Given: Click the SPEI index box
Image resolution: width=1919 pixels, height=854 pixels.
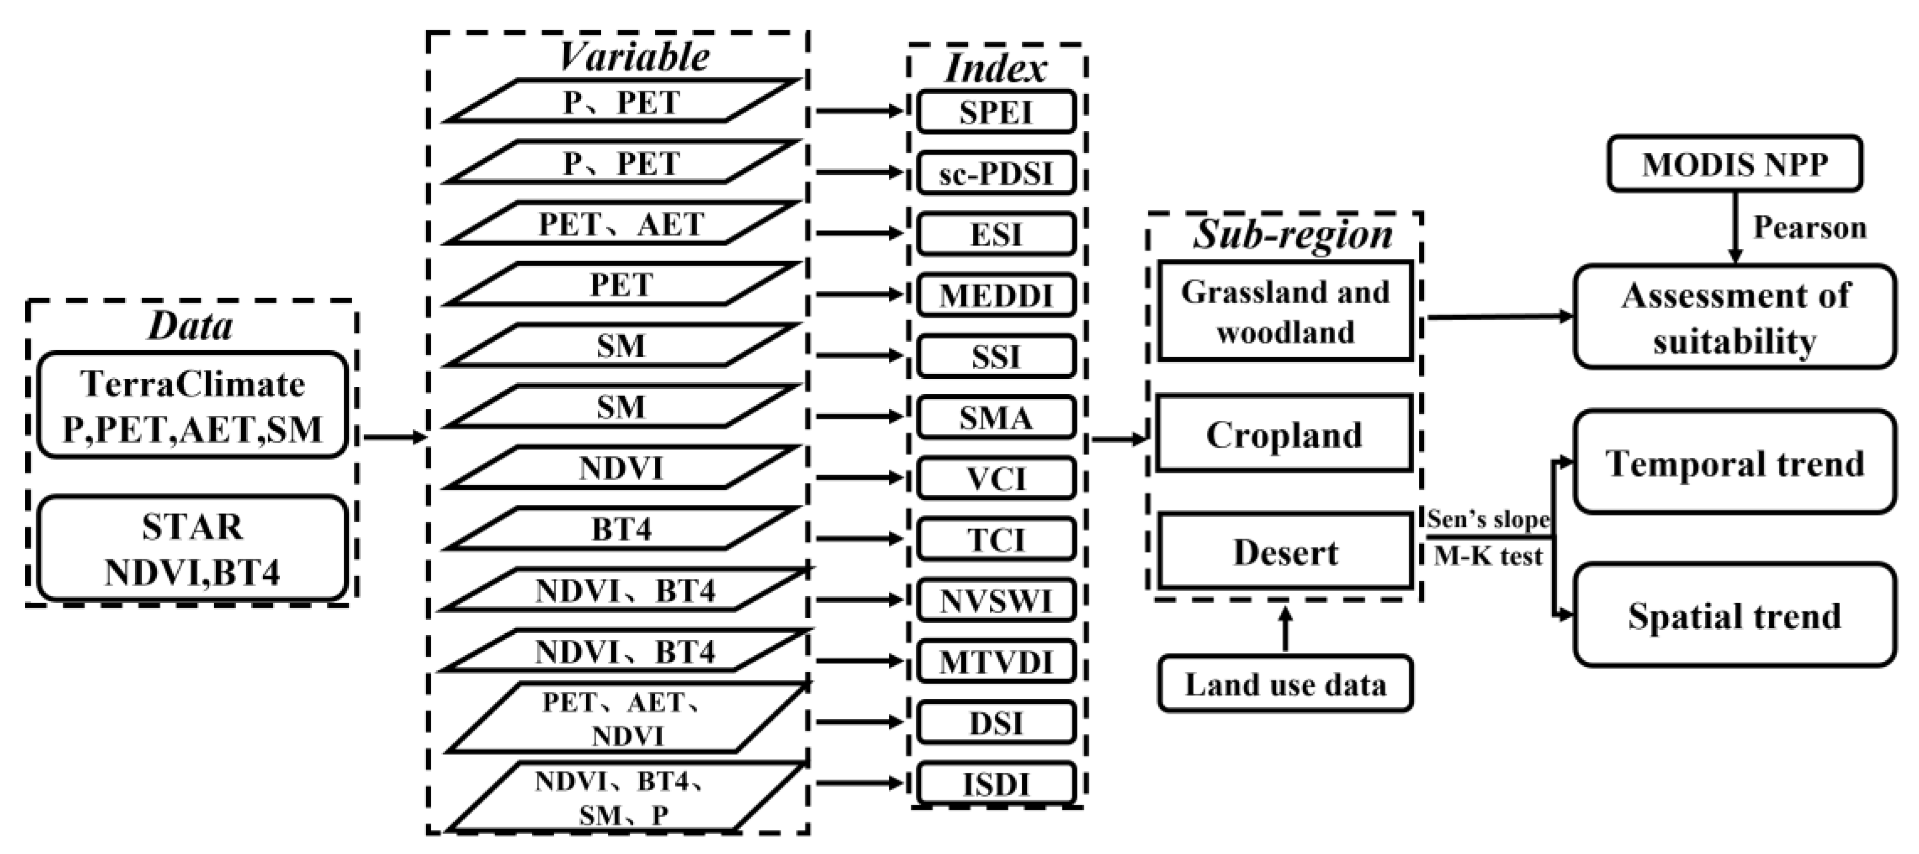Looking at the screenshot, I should pos(996,112).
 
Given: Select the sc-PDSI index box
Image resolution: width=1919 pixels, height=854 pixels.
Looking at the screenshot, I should pos(996,173).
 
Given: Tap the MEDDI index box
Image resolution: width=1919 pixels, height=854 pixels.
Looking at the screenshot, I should pos(996,295).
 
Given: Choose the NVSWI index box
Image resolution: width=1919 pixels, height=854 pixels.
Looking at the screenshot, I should pos(996,600).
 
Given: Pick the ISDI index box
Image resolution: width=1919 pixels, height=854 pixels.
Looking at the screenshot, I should pos(996,783).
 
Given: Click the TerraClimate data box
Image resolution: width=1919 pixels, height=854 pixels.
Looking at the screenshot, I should pos(192,406).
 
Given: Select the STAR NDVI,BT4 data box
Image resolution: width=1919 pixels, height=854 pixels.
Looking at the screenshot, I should pos(192,549).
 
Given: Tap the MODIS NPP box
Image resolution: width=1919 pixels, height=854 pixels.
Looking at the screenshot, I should pos(1735,164).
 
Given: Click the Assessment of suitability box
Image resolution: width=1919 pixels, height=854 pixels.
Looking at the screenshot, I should pos(1735,317).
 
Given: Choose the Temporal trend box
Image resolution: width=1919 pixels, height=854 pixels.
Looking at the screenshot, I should pos(1735,462).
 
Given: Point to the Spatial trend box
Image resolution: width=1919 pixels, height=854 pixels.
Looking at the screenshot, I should pos(1735,615).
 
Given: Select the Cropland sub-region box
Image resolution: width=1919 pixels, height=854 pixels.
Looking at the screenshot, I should pos(1284,434).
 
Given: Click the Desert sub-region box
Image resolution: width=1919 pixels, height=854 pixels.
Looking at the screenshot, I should pos(1284,552).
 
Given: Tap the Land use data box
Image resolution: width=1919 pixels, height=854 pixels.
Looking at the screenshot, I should pos(1284,684).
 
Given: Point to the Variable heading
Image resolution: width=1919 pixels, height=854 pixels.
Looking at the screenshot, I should pos(633,57).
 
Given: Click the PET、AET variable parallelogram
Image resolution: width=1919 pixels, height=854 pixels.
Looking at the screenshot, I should pos(622,224).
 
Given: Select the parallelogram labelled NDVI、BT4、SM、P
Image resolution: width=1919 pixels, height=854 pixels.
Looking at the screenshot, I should pos(622,797).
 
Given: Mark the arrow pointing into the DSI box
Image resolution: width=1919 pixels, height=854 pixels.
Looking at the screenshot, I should pos(860,721).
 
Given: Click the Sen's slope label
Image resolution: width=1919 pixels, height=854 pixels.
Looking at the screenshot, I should pos(1488,519).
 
